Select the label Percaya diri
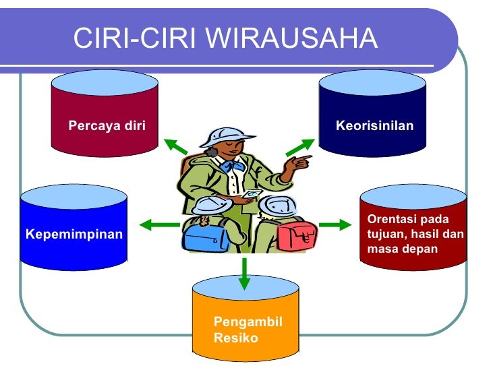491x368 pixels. pos(107,125)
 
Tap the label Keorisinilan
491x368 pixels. pos(374,125)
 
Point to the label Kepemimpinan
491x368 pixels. pos(74,235)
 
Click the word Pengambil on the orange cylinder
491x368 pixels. pos(248,321)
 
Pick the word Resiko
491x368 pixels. pos(235,338)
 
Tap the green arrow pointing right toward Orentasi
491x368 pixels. pos(330,224)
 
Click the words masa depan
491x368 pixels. pos(402,249)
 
